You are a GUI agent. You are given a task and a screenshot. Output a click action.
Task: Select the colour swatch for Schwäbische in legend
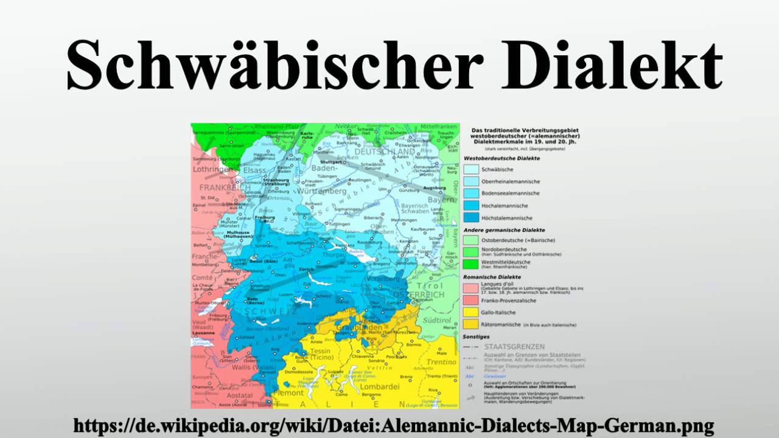pos(470,169)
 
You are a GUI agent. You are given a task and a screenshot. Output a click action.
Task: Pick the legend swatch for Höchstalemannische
pos(470,217)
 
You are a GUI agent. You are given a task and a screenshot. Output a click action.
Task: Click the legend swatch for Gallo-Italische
pos(470,311)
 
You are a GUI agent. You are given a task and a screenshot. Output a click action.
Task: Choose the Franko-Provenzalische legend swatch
pos(470,299)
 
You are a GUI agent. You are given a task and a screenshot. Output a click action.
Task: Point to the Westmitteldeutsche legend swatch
pos(470,264)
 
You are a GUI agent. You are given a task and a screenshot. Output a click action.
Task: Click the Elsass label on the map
pos(254,170)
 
